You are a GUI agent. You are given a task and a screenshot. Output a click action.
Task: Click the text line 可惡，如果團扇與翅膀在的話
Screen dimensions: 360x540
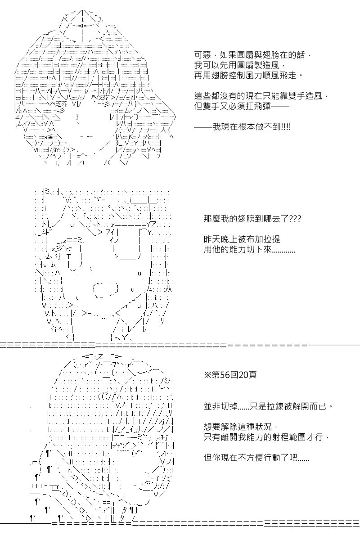[252, 55]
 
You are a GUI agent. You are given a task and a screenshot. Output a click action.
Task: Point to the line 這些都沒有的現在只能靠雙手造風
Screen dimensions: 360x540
[261, 96]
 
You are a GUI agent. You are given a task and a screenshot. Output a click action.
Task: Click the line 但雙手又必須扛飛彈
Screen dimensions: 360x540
[242, 106]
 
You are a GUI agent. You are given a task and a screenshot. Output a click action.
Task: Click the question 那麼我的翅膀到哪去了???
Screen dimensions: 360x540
[252, 219]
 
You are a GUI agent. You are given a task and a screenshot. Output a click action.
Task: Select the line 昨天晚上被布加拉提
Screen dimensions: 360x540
[242, 239]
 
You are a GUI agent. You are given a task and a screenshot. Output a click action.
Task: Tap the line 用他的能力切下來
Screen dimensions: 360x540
[249, 249]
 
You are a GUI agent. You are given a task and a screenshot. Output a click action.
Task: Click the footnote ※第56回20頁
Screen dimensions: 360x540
[230, 375]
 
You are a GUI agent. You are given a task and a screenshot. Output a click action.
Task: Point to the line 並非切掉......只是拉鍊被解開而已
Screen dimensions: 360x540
[268, 407]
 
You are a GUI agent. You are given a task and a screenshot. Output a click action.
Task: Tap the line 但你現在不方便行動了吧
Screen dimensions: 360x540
[256, 458]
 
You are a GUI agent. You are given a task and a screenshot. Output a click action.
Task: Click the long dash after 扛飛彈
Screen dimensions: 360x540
[280, 106]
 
